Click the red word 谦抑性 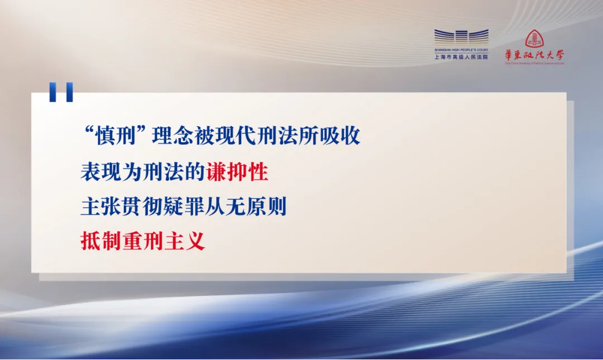(237, 171)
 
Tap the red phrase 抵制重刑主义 (143, 241)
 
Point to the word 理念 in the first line (173, 136)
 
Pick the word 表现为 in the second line (111, 171)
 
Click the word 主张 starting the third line (100, 207)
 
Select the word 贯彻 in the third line (142, 207)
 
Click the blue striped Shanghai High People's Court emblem (461, 37)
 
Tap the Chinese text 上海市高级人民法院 (461, 57)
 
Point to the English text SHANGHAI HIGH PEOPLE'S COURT (461, 50)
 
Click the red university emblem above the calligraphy (534, 39)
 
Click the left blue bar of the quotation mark (52, 92)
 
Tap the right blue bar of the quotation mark (69, 92)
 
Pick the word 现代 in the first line (236, 136)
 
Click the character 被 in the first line (204, 136)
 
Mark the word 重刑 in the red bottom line (143, 241)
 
